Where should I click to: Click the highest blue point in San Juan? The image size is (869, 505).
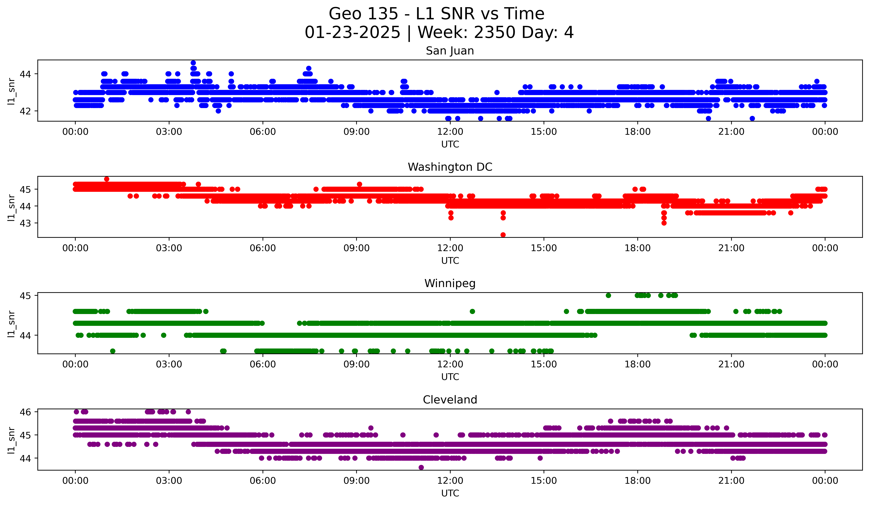tap(193, 63)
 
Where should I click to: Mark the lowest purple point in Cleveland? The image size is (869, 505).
tap(421, 467)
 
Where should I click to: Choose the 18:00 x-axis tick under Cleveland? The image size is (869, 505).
tap(637, 481)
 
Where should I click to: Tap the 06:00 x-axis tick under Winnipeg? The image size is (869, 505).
tap(263, 364)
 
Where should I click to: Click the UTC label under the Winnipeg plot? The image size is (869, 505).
tap(450, 377)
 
